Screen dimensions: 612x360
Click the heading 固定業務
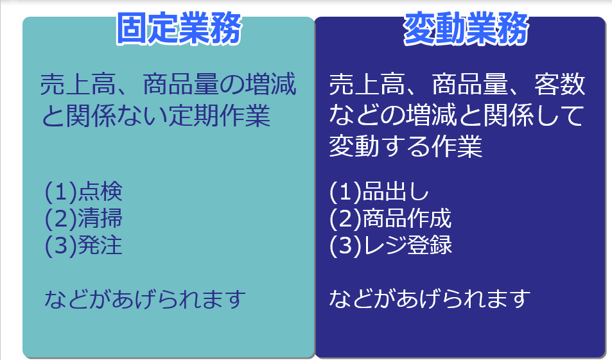[x=179, y=28]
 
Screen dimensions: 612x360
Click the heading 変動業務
[x=466, y=28]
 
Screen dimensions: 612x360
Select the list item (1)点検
[x=84, y=191]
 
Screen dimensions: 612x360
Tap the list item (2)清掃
[x=84, y=218]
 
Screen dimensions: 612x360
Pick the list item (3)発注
[x=84, y=245]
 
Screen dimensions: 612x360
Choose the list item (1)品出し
[x=380, y=191]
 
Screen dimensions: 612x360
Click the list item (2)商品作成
[x=390, y=218]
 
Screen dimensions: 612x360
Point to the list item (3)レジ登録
[x=390, y=245]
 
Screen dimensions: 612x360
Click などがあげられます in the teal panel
[x=145, y=299]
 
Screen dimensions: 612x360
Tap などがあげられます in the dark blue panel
[x=430, y=298]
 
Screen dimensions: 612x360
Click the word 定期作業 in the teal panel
[x=219, y=116]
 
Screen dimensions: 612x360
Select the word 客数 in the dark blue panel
[x=560, y=84]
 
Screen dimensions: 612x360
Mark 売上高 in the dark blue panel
[x=367, y=84]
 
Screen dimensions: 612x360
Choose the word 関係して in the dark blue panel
[x=534, y=116]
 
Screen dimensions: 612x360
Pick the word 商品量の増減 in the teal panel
[x=220, y=84]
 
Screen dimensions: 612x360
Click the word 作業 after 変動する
[x=457, y=146]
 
